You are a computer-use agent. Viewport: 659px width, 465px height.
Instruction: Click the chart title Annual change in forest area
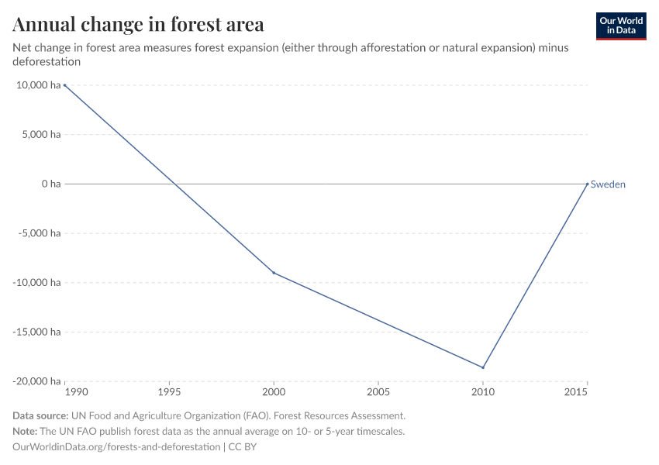coord(138,24)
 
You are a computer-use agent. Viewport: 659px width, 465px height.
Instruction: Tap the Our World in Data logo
coord(620,26)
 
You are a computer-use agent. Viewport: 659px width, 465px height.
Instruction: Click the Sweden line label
coord(608,184)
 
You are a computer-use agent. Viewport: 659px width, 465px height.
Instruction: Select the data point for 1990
coord(65,85)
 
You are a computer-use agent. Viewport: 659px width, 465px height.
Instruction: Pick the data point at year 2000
coord(274,273)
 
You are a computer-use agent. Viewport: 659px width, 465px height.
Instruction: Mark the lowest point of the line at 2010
coord(483,367)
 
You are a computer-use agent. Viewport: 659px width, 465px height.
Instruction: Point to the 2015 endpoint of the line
coord(587,184)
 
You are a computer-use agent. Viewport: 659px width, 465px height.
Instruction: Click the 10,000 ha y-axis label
coord(37,85)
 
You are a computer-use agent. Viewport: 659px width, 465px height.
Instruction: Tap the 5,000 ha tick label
coord(40,135)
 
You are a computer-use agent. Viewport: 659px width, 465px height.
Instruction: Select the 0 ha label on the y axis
coord(50,184)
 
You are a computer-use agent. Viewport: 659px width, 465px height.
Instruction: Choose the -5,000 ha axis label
coord(39,233)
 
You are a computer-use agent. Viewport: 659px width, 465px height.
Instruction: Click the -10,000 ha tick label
coord(36,283)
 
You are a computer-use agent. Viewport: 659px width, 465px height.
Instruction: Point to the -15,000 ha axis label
coord(36,332)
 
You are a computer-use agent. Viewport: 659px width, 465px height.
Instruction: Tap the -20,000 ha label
coord(36,381)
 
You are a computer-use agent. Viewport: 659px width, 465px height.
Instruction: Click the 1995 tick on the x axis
coord(169,392)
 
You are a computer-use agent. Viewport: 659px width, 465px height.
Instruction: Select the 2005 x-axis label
coord(378,392)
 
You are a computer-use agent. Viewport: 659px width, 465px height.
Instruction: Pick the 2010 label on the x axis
coord(483,392)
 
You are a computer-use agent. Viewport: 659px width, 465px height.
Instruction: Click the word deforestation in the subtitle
coord(47,62)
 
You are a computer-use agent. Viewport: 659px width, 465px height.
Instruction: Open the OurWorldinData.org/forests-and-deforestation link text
coord(116,447)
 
